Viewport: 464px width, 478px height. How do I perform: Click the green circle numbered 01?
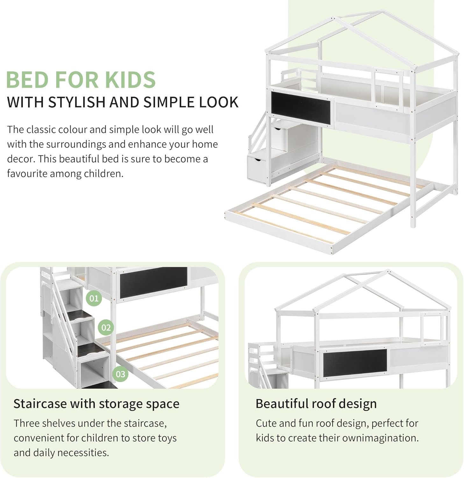[94, 299]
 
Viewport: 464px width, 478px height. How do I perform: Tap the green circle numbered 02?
[106, 328]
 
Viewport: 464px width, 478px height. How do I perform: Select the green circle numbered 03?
[120, 374]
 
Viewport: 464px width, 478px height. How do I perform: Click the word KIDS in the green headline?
[130, 80]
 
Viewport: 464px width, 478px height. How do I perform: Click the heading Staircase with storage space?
[96, 404]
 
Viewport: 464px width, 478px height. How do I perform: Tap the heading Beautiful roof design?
[316, 404]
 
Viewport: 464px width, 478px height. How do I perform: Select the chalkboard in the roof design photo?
[355, 360]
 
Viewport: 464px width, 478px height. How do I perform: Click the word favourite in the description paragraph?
[27, 174]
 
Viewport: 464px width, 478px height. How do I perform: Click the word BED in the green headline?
[27, 80]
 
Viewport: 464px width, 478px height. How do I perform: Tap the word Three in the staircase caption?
[26, 423]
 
